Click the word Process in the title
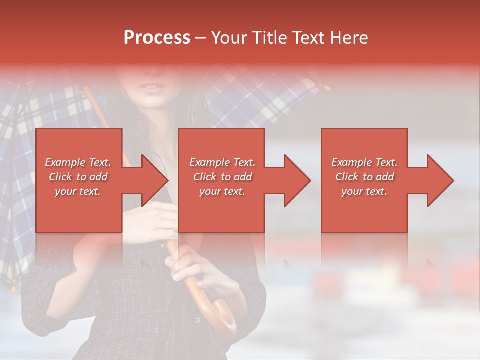tap(157, 38)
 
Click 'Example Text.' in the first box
tap(78, 162)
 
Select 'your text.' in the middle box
tap(222, 191)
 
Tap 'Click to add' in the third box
tap(364, 177)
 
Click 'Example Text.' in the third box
tap(364, 162)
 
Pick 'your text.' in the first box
tap(78, 191)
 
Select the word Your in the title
tap(228, 38)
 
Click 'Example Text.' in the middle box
tap(222, 162)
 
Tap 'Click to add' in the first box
tap(78, 177)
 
